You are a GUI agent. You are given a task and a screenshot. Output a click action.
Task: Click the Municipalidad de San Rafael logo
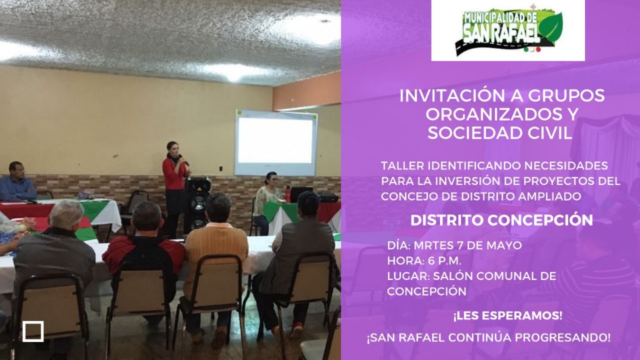(x=508, y=31)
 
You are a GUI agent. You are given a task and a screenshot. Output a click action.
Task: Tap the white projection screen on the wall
(x=276, y=142)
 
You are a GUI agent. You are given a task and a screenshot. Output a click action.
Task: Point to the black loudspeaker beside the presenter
(x=197, y=204)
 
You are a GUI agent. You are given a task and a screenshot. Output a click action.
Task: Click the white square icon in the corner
(x=33, y=331)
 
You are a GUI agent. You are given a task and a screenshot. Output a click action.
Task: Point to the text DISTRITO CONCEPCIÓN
(x=502, y=221)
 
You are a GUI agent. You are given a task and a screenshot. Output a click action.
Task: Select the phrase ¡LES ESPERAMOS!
(x=507, y=316)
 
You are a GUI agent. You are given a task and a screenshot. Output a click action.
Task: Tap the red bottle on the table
(x=287, y=194)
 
